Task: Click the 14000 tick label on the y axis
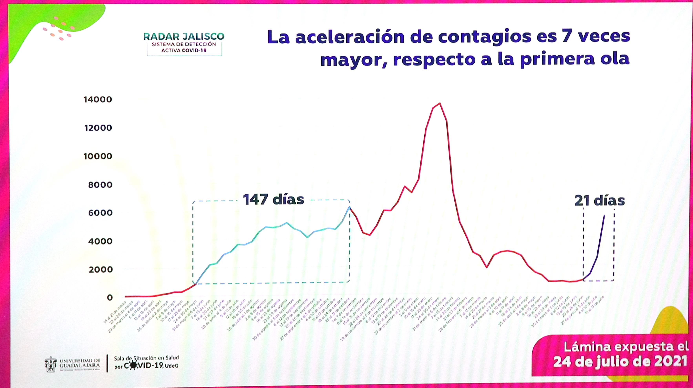(98, 99)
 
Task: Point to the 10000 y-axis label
(98, 156)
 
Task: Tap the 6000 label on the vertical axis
(100, 213)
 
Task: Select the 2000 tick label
(100, 269)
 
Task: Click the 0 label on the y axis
(109, 298)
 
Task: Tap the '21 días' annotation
(599, 201)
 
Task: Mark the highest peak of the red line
(440, 103)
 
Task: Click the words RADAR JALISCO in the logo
(184, 37)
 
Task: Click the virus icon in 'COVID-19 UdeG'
(133, 365)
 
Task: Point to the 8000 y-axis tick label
(100, 185)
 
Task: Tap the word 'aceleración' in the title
(350, 37)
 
